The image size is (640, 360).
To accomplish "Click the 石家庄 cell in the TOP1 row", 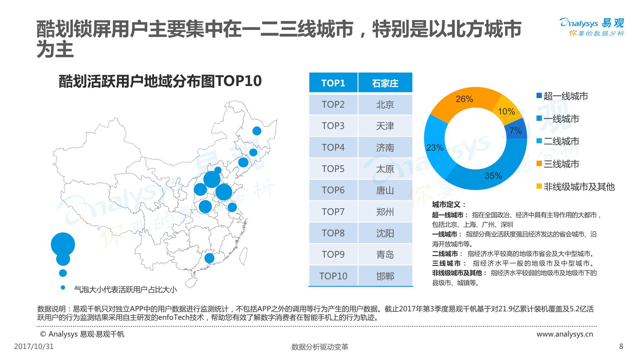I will point(385,83).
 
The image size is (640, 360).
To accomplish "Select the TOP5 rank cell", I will point(333,169).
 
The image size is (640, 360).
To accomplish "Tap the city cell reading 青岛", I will point(385,254).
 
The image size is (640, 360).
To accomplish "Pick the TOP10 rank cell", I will point(333,276).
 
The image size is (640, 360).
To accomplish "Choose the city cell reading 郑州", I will point(385,212).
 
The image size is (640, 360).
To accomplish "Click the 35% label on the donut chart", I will point(493,176).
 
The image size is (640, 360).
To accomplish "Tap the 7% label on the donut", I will point(516,131).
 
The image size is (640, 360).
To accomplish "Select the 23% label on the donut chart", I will point(434,147).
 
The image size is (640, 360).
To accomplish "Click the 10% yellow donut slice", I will point(506,112).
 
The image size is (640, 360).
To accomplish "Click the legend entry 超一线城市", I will point(565,96).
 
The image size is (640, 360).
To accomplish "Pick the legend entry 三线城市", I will point(561,164).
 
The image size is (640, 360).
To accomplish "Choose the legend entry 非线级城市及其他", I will point(578,187).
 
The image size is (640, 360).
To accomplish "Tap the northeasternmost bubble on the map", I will point(257,131).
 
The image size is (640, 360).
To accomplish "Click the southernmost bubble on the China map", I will point(209,258).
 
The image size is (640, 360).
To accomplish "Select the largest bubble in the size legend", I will point(63,245).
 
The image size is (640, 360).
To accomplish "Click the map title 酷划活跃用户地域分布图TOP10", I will point(160,81).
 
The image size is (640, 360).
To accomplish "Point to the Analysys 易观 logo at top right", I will point(592,27).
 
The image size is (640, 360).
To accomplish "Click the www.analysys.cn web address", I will point(565,334).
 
